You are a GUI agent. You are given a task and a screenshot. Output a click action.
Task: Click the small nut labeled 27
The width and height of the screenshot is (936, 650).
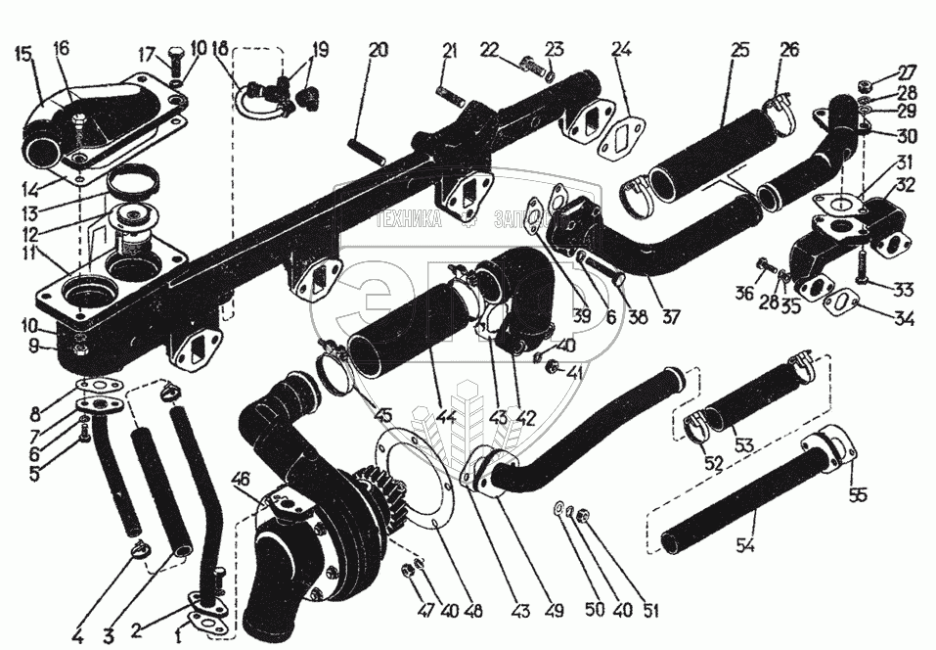(869, 84)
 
